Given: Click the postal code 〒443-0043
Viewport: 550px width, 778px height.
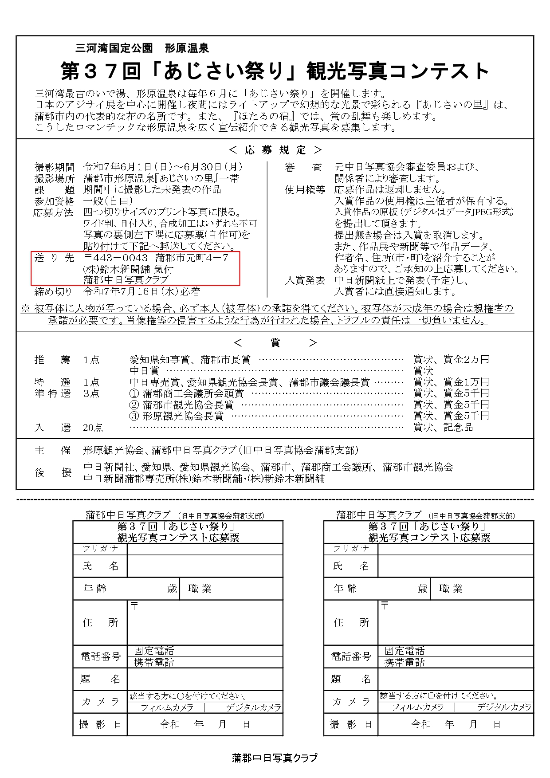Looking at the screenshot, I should point(116,258).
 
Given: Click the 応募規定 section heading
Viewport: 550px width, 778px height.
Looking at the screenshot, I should point(275,150).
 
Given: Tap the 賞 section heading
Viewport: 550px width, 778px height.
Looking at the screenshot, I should point(275,342).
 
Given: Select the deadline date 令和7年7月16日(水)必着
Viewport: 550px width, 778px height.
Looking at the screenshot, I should point(141,291).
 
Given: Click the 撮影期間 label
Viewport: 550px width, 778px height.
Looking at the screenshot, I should point(54,167).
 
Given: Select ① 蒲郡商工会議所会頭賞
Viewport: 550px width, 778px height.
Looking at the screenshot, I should point(186,393).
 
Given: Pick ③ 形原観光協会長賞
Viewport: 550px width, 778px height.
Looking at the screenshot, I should point(177,416).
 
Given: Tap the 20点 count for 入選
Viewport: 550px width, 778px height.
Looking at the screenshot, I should point(93,428).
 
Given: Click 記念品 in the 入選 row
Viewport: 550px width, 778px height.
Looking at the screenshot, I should point(458,428).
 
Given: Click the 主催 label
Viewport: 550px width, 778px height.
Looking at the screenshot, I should point(53,451).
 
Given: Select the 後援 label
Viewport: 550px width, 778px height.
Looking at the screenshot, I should point(53,473).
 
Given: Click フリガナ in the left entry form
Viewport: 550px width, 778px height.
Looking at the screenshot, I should point(100,549).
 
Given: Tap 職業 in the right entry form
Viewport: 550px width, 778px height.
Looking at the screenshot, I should point(451,589).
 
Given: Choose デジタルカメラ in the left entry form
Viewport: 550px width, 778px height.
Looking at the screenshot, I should point(253,707).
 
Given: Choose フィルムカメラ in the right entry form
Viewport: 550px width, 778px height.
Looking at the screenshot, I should point(417,707).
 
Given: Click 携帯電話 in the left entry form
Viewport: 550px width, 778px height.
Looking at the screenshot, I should point(154,662).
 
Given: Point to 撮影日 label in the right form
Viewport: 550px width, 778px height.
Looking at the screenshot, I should point(350,724).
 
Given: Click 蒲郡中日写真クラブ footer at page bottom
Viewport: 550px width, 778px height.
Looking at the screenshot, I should point(275,758).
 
